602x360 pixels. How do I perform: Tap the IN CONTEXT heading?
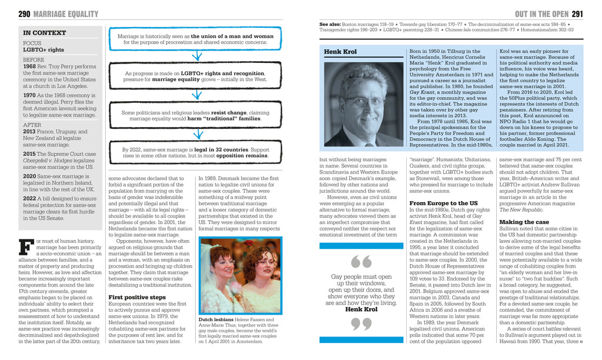pyautogui.click(x=44, y=33)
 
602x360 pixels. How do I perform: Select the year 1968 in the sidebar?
pyautogui.click(x=29, y=66)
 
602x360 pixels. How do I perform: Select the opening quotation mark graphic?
pyautogui.click(x=361, y=261)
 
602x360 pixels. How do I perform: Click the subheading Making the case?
pyautogui.click(x=524, y=222)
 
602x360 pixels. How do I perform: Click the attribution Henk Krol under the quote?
pyautogui.click(x=361, y=309)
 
